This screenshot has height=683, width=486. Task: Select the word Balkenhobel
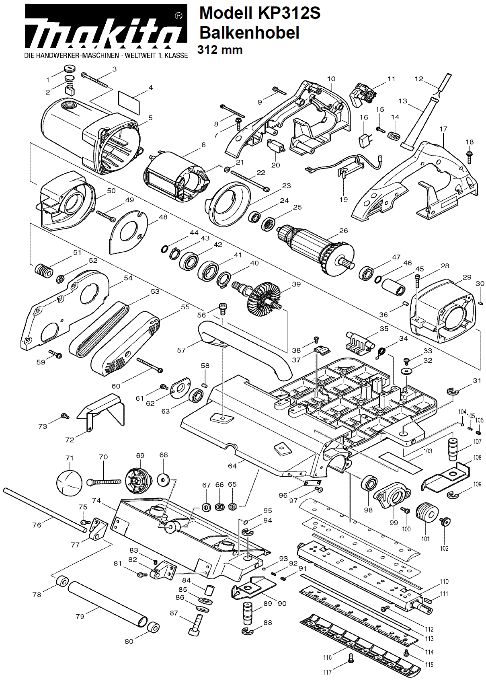coord(249,33)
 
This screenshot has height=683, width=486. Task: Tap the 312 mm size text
coord(220,49)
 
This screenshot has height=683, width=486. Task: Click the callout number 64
coord(232,466)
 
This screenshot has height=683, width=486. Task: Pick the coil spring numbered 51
coord(43,269)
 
